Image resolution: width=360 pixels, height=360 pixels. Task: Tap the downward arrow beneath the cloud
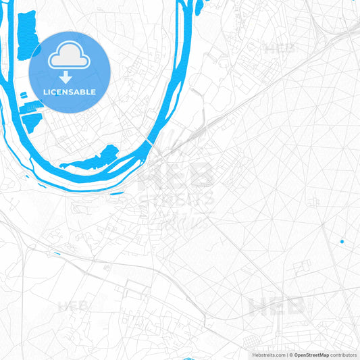66,76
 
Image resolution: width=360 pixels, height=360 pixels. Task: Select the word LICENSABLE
70,92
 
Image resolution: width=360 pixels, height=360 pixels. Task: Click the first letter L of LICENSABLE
45,92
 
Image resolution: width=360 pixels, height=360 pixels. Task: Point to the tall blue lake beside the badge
27,34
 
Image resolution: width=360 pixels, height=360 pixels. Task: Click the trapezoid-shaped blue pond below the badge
31,122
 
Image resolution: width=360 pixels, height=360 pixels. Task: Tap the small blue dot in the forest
342,241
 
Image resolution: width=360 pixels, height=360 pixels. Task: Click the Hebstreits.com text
267,355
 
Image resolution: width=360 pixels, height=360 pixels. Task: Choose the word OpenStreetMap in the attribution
311,355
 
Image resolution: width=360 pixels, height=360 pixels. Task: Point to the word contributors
343,355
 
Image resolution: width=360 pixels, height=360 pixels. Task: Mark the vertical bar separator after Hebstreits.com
287,355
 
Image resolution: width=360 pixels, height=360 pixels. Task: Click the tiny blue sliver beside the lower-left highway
55,253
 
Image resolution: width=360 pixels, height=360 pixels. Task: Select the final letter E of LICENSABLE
93,92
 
